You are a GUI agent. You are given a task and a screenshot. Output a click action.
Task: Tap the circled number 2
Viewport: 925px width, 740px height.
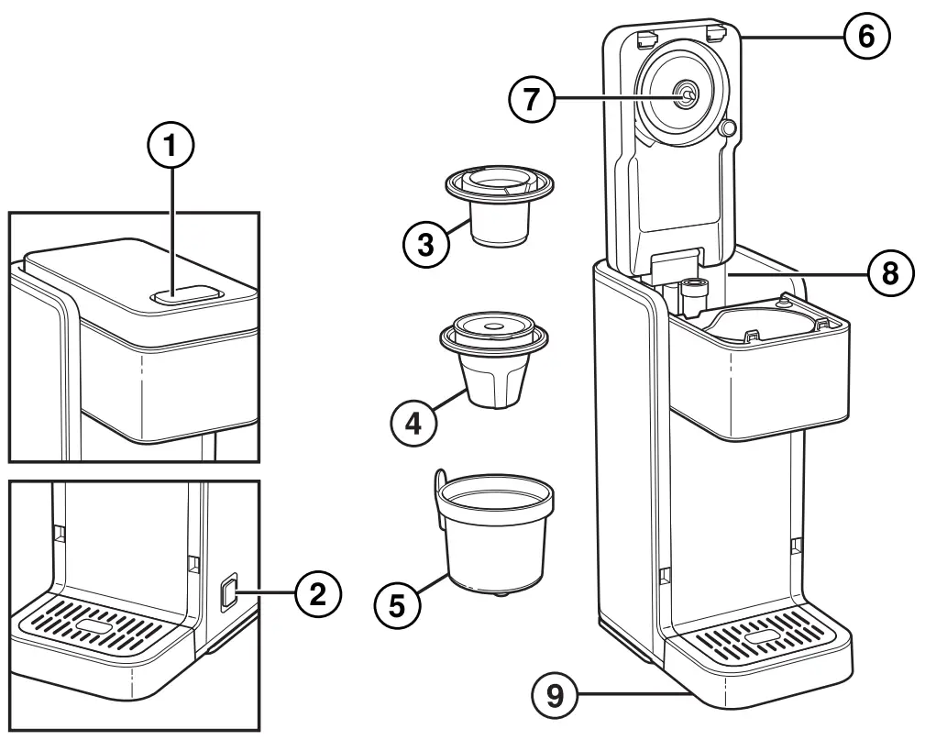click(x=315, y=594)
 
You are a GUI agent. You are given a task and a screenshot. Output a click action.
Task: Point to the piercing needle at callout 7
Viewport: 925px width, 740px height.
click(x=683, y=93)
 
